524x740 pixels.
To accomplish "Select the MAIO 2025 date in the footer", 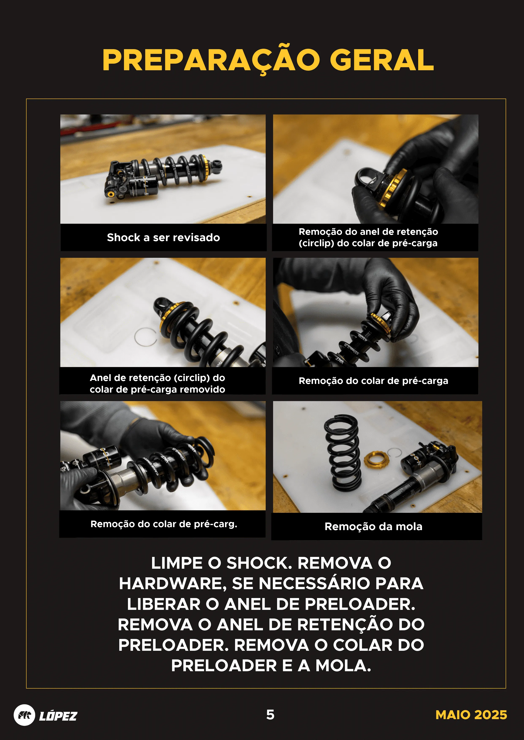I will (471, 715).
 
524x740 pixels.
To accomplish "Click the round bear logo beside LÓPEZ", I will (24, 715).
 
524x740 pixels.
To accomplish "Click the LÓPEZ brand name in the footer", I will (58, 716).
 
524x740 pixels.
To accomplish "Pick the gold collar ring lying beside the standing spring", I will (376, 460).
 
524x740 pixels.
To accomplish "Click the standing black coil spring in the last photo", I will (343, 453).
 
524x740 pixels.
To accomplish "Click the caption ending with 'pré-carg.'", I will (164, 524).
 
